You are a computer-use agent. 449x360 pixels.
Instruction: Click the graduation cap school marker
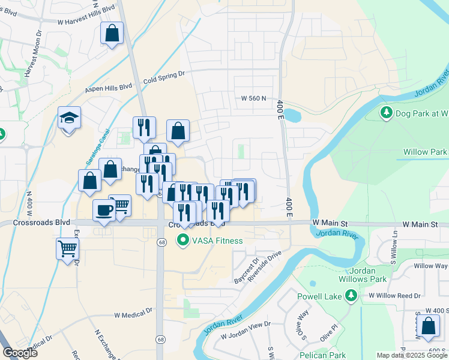70,118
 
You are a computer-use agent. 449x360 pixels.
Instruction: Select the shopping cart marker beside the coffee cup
121,205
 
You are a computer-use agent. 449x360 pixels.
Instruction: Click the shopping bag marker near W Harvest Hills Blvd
112,33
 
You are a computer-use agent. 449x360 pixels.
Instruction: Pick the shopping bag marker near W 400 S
429,326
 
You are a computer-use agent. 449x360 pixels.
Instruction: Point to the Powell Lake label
320,295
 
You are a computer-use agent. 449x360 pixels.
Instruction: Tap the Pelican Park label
324,355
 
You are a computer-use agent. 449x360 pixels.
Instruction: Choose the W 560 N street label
253,98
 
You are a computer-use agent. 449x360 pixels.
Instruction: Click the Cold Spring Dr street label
164,77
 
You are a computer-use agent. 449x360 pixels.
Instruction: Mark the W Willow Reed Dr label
396,295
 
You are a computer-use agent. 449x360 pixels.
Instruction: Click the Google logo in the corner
20,353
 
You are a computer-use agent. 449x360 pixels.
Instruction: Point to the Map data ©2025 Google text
412,355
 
